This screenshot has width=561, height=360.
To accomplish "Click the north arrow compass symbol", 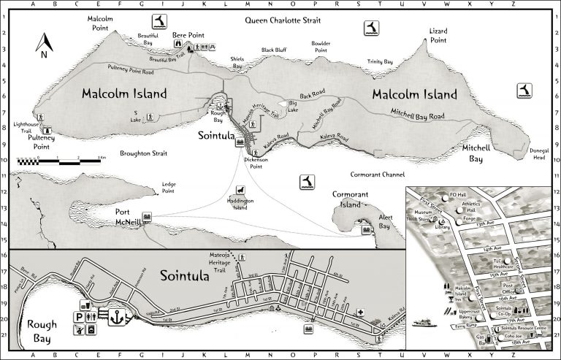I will (42, 45).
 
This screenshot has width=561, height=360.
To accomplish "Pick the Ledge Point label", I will (167, 188).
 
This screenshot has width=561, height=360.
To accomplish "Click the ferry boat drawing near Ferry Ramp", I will (424, 321).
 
